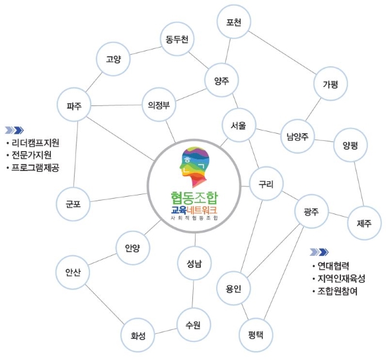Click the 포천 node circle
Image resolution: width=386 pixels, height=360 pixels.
tap(234, 22)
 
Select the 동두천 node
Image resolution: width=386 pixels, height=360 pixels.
tap(176, 40)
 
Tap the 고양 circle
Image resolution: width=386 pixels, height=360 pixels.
tap(114, 60)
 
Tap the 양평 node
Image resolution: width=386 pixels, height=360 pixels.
tap(351, 145)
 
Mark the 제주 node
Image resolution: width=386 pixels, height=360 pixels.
tap(363, 222)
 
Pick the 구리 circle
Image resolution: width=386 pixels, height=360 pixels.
tap(267, 184)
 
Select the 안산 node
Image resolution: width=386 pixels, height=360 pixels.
tap(73, 271)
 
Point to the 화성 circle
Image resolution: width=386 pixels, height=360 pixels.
tap(138, 335)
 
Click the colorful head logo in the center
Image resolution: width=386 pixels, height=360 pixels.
tap(194, 169)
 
